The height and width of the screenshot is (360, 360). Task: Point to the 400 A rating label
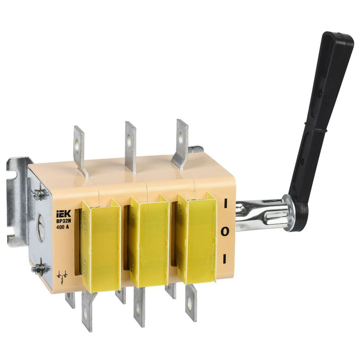[x=63, y=228]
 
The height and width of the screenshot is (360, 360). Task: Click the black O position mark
[x=225, y=232]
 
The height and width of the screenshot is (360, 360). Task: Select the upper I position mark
[x=225, y=203]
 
